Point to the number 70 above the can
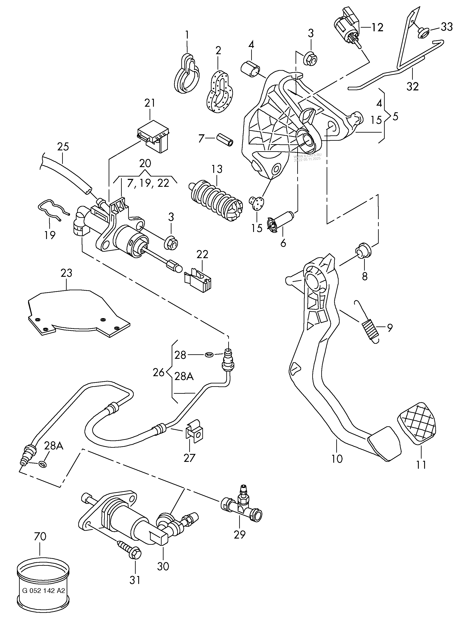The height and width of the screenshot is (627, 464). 40,536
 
